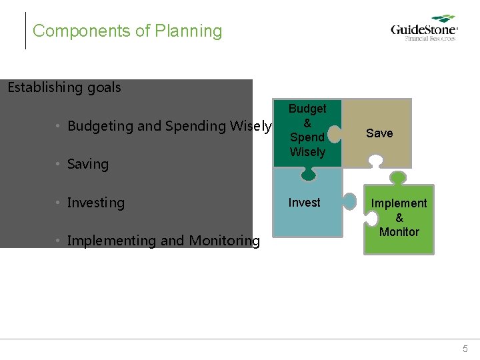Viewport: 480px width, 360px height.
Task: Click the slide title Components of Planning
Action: (127, 31)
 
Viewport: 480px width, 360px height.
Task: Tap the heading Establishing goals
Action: (64, 87)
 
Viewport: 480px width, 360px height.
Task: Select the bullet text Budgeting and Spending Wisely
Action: (169, 126)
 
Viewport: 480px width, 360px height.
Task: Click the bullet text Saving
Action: (87, 164)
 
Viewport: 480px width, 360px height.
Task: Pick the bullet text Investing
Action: (95, 203)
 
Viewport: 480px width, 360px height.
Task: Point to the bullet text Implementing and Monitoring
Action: (163, 241)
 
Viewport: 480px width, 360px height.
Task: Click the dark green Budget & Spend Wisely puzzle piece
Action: (307, 133)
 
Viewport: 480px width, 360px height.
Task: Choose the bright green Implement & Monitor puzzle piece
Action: (399, 220)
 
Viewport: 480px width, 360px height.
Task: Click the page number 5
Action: (465, 349)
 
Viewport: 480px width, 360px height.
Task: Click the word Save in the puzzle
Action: (379, 133)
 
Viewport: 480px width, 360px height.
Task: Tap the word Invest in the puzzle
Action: (304, 203)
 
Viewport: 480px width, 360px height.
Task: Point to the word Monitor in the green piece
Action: (399, 232)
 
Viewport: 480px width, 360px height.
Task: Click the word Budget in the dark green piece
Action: (307, 108)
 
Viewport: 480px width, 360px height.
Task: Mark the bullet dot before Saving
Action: (59, 165)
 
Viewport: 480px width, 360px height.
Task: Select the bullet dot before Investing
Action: (59, 203)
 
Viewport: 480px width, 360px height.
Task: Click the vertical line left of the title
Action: (25, 31)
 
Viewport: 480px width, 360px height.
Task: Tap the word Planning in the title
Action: (189, 31)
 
